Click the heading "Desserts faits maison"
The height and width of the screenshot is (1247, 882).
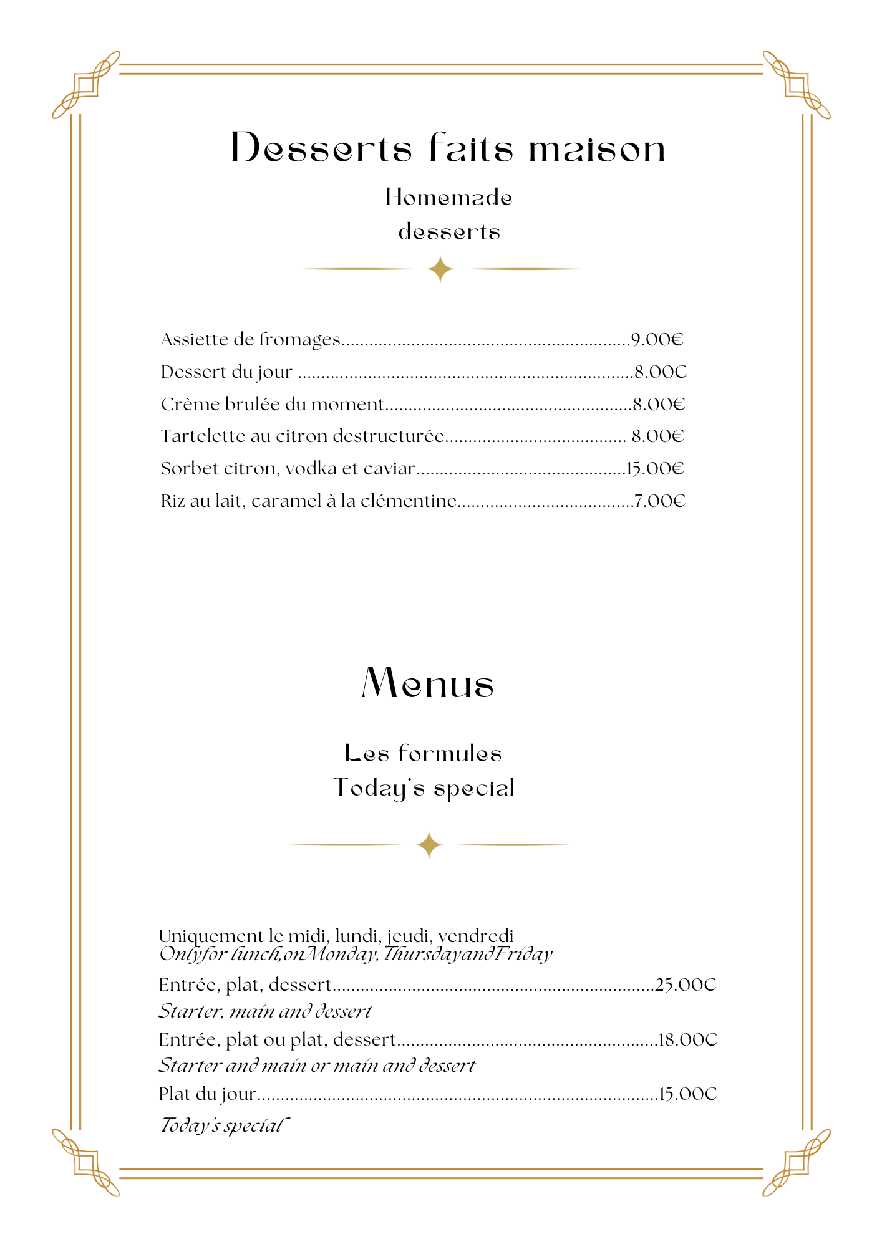tap(448, 149)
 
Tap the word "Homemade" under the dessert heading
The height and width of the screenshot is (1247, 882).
tap(448, 198)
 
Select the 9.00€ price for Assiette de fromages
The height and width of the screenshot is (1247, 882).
tap(657, 340)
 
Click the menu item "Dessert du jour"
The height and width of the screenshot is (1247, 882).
tap(226, 372)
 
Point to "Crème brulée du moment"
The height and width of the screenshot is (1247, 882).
tap(272, 405)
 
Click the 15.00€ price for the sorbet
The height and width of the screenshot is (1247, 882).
tap(655, 468)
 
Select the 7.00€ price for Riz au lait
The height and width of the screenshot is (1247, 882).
tap(659, 501)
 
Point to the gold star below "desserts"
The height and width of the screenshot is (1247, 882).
tap(440, 269)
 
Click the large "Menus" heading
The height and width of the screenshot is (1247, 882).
tap(428, 683)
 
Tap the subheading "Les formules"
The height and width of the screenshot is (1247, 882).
tap(423, 754)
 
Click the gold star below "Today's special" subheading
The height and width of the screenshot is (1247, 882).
tap(429, 845)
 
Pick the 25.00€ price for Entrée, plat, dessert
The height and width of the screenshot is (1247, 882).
tap(686, 985)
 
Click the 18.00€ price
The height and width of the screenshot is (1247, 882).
tap(687, 1039)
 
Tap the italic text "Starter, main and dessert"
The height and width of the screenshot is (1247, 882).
tap(265, 1011)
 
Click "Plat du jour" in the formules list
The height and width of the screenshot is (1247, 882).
tap(207, 1094)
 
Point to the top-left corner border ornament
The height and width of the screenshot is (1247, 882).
tap(86, 85)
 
